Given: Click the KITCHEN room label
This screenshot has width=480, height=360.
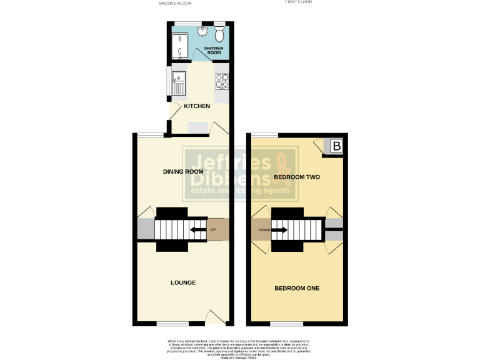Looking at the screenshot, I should tap(197, 106).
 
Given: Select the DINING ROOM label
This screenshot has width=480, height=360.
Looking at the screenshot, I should tap(183, 172).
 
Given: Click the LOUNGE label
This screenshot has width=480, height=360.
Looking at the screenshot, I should tap(183, 282).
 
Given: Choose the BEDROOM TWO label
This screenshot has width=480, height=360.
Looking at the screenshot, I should tap(297, 177).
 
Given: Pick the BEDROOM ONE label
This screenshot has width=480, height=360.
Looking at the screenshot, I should tap(297, 288).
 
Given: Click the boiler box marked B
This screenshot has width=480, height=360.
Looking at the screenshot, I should tap(336, 147).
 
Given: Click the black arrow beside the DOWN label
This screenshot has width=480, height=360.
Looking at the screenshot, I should tap(279, 230).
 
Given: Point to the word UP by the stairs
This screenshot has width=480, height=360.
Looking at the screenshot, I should tap(213, 228).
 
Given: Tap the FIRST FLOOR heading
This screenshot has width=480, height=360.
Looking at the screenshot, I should tap(298, 2).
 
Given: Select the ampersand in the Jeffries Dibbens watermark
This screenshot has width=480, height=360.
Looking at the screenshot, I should tap(285, 165).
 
